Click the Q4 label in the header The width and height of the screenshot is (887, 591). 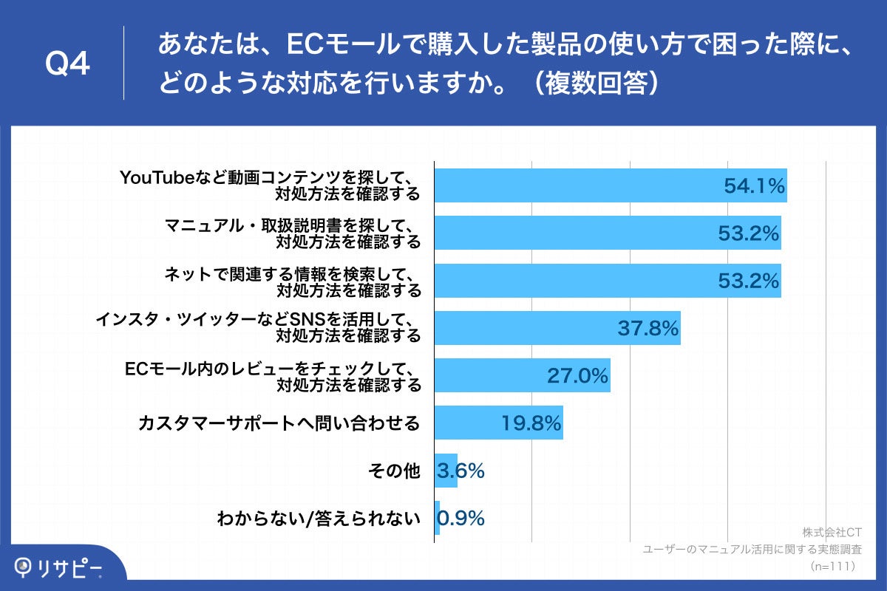click(x=67, y=64)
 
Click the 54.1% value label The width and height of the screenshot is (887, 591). click(x=753, y=186)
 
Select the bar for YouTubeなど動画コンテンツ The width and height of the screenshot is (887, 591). click(x=577, y=185)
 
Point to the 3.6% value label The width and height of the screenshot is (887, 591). click(x=461, y=470)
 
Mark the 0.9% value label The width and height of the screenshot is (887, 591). click(x=461, y=518)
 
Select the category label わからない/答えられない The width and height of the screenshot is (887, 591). click(x=319, y=518)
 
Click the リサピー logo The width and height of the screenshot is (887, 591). click(x=59, y=567)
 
